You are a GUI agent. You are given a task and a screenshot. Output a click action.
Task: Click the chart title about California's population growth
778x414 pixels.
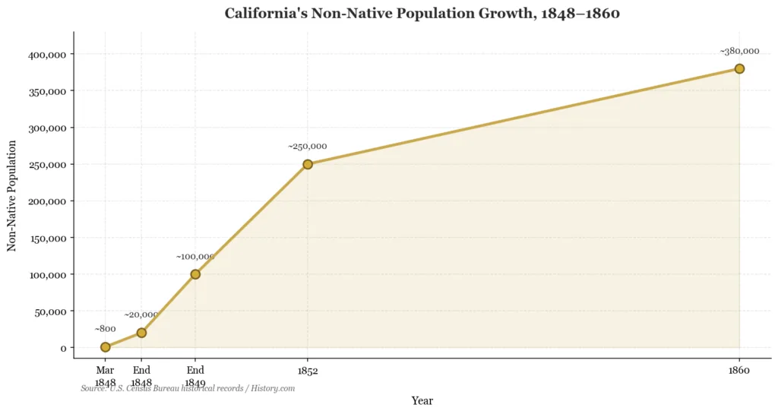click(422, 13)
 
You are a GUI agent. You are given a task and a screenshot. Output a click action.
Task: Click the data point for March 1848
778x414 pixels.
click(106, 347)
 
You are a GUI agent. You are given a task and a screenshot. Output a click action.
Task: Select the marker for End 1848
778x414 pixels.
click(141, 333)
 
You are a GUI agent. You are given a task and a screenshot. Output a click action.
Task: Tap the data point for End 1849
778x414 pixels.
click(195, 274)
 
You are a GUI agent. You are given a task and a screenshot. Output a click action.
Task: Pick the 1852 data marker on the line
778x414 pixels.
click(308, 164)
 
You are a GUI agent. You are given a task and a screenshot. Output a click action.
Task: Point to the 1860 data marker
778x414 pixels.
click(739, 68)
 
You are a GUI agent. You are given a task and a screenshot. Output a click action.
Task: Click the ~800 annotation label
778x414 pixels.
click(106, 329)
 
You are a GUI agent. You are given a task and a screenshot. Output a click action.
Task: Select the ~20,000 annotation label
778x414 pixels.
click(141, 314)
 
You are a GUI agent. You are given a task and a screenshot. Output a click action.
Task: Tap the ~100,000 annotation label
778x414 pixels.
click(195, 257)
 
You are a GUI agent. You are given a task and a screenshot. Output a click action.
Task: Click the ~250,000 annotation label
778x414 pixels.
click(308, 146)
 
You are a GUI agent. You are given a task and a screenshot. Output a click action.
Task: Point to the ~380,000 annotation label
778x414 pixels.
click(739, 51)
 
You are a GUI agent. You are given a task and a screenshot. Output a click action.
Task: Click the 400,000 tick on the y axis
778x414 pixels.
click(47, 55)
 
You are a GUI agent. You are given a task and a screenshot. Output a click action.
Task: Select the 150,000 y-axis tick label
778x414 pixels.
click(47, 238)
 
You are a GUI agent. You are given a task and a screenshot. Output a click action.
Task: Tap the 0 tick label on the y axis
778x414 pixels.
click(63, 348)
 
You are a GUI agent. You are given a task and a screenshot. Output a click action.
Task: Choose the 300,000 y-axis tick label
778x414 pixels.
click(47, 128)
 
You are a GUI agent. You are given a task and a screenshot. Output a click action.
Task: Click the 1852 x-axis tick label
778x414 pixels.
click(308, 371)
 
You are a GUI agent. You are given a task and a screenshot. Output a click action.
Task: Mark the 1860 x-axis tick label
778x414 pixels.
click(739, 371)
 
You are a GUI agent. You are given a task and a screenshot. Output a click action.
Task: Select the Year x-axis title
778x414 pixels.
click(422, 400)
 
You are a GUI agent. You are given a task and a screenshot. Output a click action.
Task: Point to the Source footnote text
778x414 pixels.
click(188, 388)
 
